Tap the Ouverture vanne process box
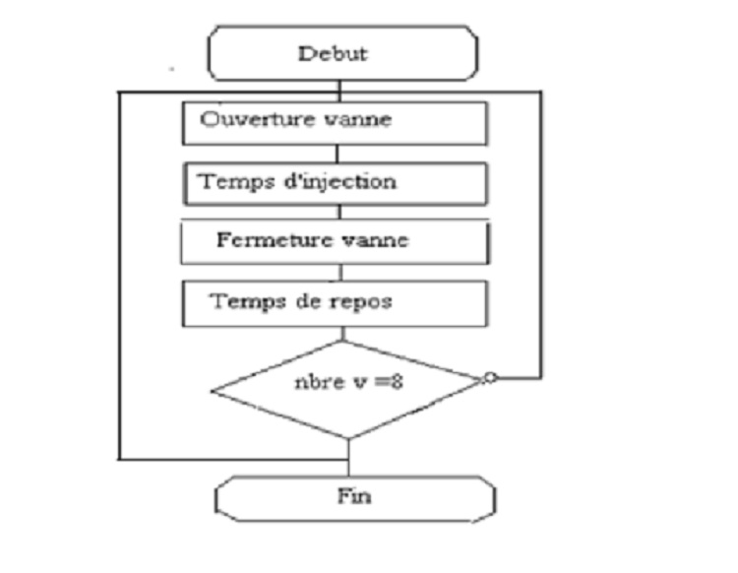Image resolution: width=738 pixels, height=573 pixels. pyautogui.click(x=336, y=122)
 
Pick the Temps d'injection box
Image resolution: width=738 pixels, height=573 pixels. pyautogui.click(x=336, y=183)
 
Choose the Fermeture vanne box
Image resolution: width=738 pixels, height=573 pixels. pyautogui.click(x=336, y=242)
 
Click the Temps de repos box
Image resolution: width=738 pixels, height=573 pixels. pyautogui.click(x=336, y=302)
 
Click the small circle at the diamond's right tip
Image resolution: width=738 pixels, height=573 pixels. pyautogui.click(x=490, y=378)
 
